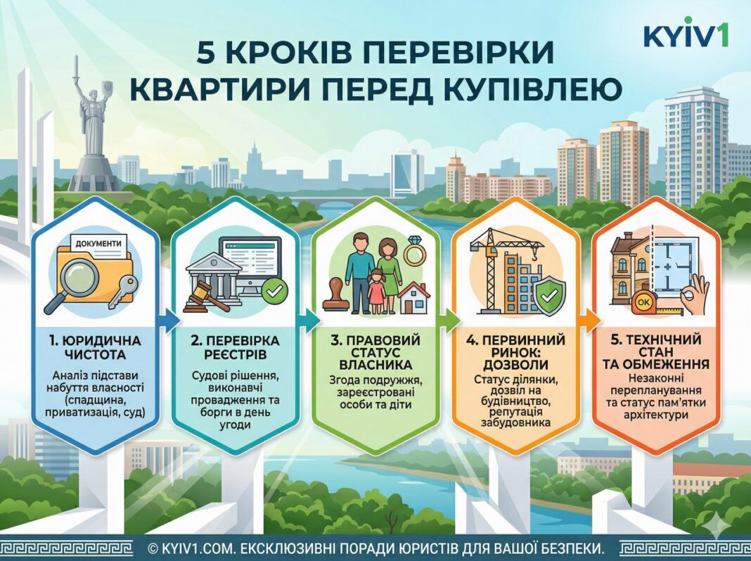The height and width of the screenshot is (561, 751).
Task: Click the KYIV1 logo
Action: coord(686,34)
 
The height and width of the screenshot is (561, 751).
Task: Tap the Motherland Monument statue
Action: coord(92,120)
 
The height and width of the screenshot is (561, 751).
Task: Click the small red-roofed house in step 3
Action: coord(414,297)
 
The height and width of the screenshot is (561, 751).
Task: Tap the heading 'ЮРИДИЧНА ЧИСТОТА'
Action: coord(95,348)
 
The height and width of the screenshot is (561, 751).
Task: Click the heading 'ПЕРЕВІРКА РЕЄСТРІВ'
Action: coord(235,348)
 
